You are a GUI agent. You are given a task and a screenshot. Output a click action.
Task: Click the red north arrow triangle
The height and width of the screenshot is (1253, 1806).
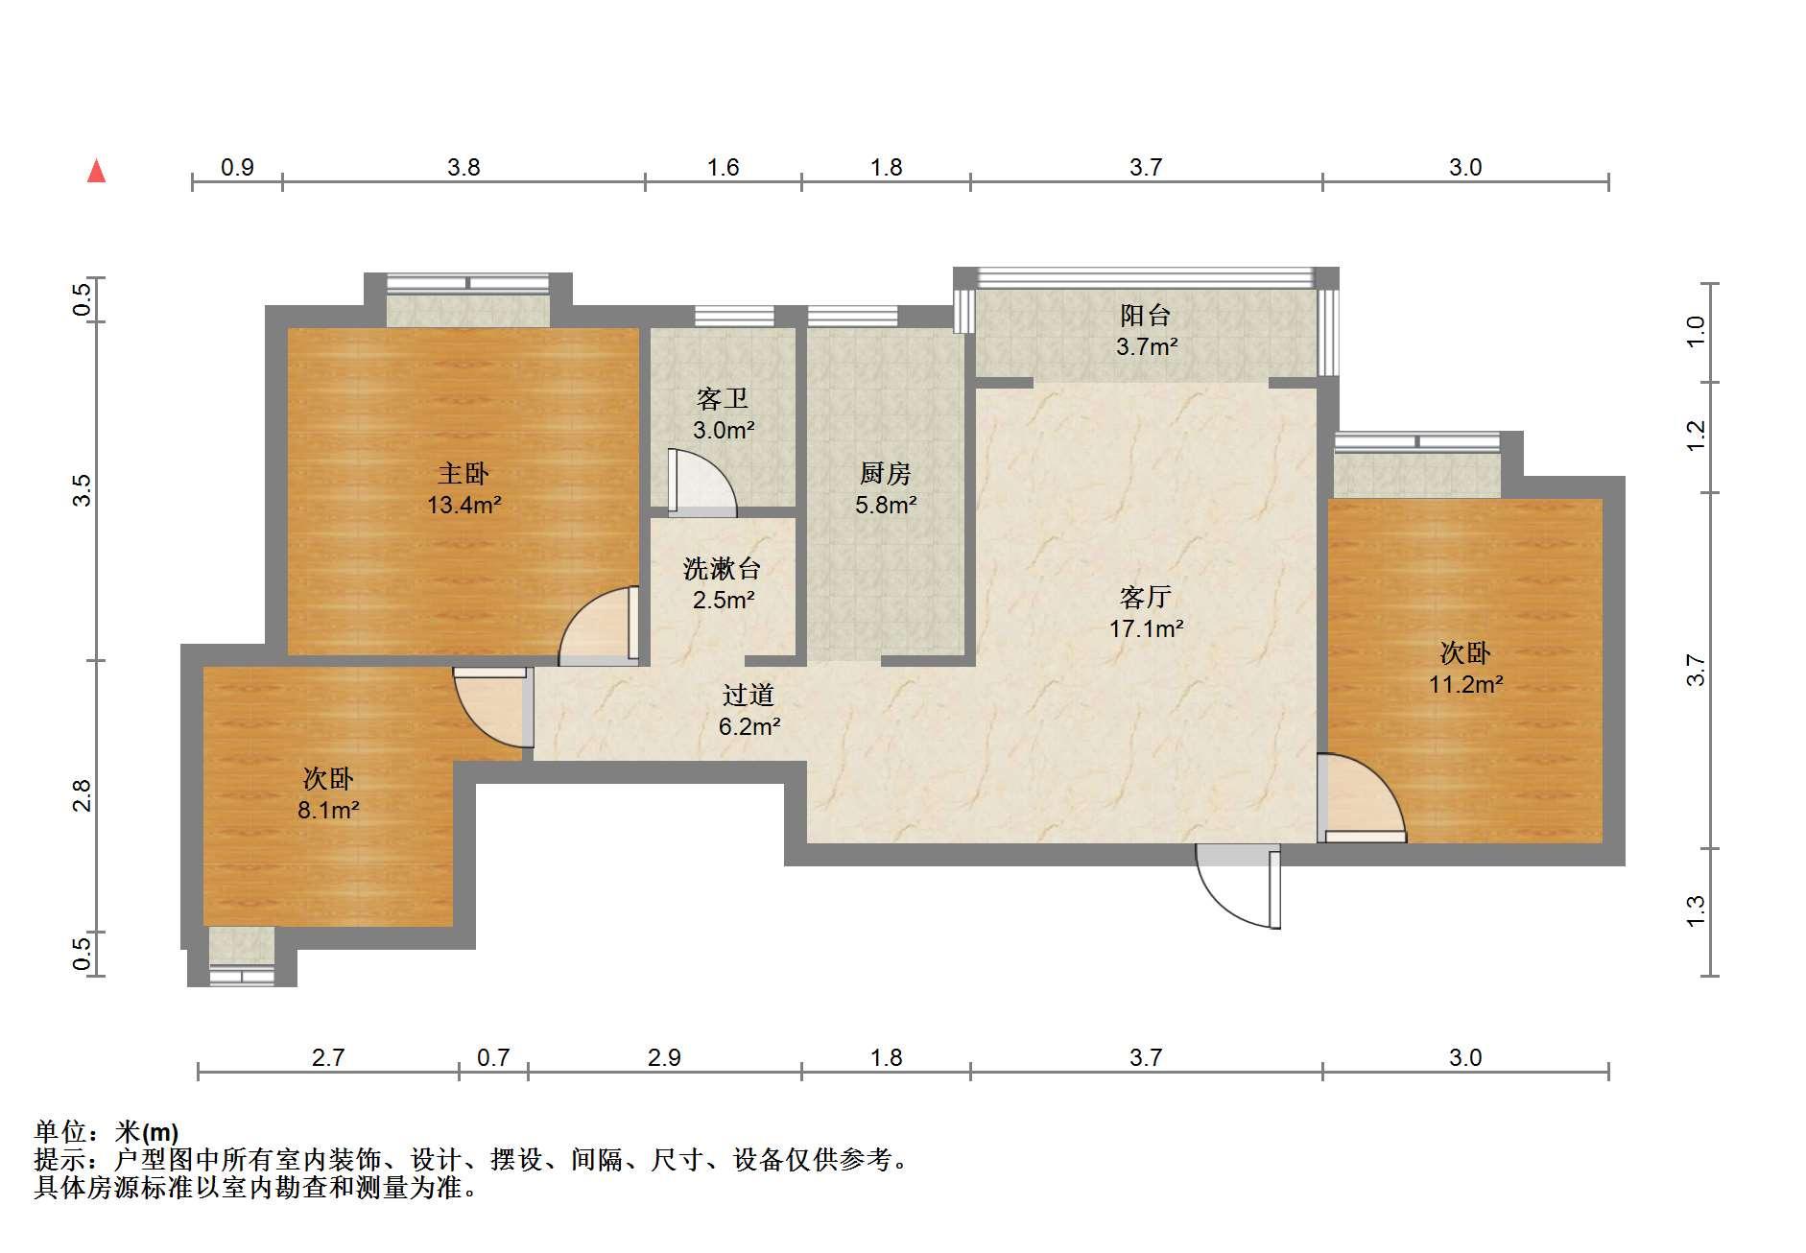96,171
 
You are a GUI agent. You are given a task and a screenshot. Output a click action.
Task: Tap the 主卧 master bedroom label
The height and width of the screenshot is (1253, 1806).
463,473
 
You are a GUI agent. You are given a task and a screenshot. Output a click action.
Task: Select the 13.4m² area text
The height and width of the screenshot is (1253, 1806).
464,504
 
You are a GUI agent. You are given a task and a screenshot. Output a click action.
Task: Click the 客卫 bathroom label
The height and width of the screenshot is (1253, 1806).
723,398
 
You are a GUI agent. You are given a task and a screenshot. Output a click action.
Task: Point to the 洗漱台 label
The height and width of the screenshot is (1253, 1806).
723,569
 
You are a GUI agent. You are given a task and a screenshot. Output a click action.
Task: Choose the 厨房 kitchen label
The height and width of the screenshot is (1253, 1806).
885,473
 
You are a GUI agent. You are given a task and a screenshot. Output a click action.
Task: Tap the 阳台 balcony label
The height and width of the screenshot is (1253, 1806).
1146,315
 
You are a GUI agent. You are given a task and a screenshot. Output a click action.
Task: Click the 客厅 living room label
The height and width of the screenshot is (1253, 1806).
1146,598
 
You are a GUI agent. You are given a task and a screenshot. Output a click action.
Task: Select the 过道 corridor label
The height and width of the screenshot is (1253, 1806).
749,695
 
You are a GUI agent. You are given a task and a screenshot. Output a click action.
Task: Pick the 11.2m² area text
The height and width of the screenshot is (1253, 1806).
1465,684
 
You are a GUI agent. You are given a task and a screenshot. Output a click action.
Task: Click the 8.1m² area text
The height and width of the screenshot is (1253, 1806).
328,810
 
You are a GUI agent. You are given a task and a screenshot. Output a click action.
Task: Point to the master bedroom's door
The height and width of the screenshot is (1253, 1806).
599,626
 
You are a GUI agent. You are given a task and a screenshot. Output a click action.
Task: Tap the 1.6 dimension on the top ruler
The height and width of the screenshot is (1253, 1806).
723,168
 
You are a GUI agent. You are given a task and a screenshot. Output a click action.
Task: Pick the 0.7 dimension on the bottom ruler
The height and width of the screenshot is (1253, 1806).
493,1057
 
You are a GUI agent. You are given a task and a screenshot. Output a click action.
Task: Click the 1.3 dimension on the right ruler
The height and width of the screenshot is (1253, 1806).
1696,910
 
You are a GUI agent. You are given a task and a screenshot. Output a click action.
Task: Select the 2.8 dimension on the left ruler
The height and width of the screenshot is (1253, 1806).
83,795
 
